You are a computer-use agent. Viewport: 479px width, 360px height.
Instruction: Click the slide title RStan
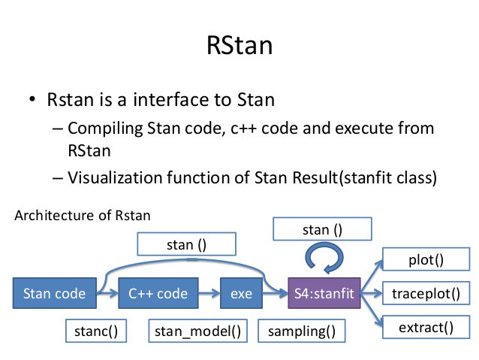(239, 45)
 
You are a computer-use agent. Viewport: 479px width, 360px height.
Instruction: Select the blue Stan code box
(55, 293)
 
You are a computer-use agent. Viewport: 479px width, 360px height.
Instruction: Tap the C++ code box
(158, 293)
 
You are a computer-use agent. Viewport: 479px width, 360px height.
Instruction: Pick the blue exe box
(241, 293)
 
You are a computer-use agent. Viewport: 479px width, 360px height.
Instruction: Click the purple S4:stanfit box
(324, 293)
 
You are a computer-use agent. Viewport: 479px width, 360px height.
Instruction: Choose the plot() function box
(426, 259)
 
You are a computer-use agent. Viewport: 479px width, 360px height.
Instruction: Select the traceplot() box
(426, 293)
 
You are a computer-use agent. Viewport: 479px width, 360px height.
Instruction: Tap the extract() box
(426, 327)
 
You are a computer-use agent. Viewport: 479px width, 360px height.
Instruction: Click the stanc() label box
(96, 331)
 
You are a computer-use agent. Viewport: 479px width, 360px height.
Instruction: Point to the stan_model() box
(198, 331)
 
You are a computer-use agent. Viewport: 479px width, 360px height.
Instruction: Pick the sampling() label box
(302, 331)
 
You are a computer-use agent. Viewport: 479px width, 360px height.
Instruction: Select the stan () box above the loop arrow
(322, 229)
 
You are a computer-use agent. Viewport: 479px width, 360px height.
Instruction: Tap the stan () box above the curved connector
(187, 244)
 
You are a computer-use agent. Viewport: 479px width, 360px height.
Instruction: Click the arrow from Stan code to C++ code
(107, 293)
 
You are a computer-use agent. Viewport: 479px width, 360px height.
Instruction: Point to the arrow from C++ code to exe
(209, 293)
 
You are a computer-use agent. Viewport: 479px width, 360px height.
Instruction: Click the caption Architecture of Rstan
(83, 216)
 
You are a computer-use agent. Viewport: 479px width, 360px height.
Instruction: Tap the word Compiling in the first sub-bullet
(105, 129)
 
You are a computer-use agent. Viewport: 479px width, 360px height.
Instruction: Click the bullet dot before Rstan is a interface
(32, 99)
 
